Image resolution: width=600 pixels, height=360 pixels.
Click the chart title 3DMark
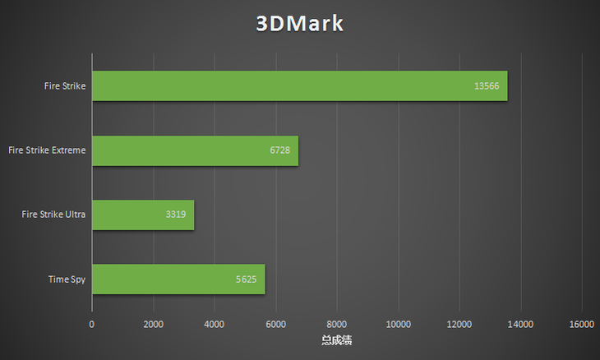tap(299, 23)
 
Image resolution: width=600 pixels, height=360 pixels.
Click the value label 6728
tap(280, 150)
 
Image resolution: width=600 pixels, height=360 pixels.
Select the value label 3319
tap(176, 215)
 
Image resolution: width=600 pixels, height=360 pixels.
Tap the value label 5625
tap(247, 279)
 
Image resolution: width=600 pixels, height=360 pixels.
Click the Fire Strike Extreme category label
tap(46, 150)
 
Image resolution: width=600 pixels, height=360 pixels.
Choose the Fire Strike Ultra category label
tap(53, 215)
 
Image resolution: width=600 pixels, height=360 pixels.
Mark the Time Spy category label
tap(67, 279)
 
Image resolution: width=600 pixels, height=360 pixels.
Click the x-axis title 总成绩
tap(336, 339)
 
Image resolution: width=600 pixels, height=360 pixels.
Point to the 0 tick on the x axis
tap(92, 325)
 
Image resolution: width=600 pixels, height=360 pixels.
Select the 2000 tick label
tap(153, 325)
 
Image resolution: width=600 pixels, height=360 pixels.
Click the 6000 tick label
tap(275, 325)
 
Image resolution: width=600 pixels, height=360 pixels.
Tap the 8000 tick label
tap(337, 325)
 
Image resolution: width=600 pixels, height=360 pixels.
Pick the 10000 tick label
tap(398, 325)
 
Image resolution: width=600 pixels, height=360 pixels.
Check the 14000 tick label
tap(520, 325)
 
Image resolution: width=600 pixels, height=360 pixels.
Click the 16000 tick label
tap(581, 325)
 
